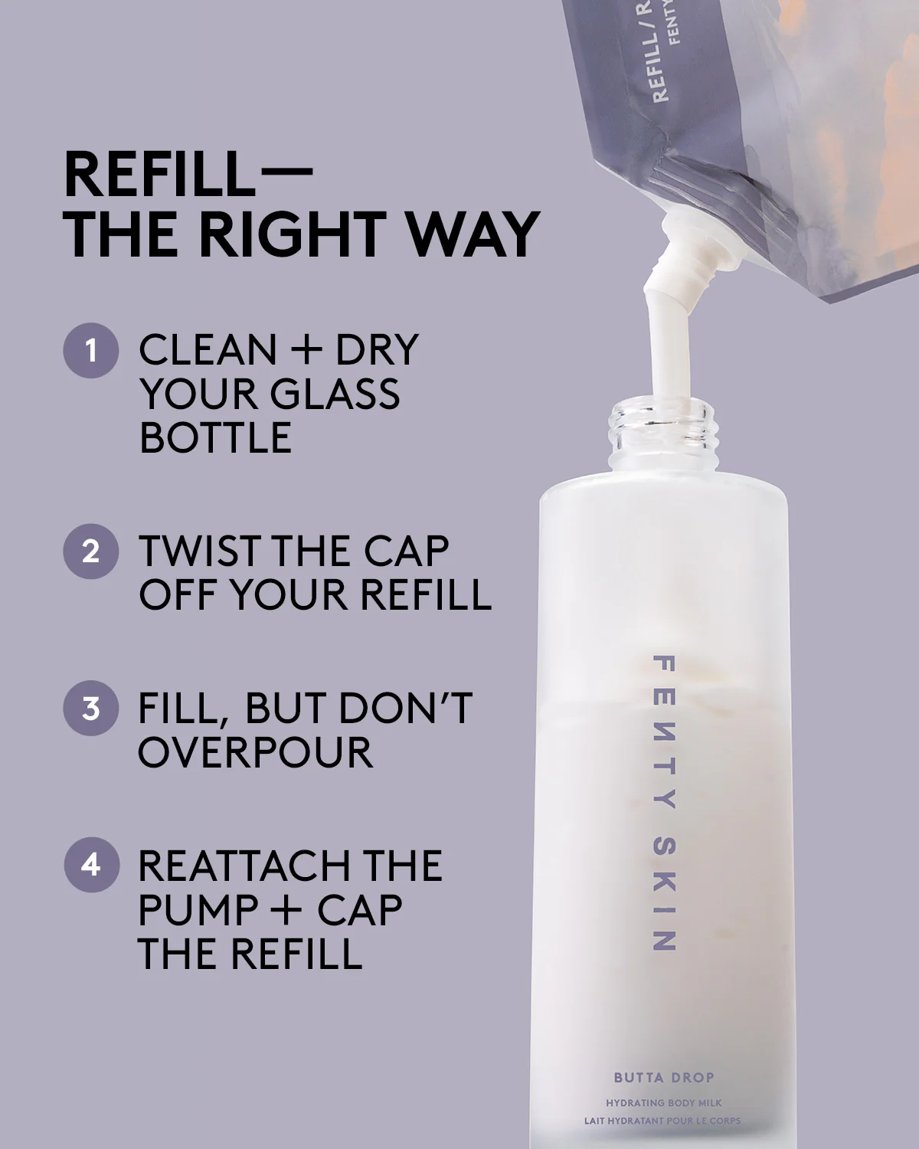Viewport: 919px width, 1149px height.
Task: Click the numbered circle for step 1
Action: [x=91, y=350]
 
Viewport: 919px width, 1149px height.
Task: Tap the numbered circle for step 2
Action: [x=91, y=552]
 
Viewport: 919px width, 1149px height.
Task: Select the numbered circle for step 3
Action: [x=91, y=709]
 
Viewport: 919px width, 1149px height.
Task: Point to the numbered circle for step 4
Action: [x=91, y=865]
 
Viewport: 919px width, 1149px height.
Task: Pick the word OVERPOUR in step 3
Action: [x=255, y=753]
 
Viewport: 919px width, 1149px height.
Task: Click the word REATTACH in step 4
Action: [x=237, y=866]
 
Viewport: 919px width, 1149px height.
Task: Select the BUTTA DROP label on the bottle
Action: [x=663, y=1078]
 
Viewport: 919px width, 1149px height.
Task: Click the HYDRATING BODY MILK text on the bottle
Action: [x=663, y=1103]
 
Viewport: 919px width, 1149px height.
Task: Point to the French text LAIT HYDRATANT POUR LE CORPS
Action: [x=662, y=1121]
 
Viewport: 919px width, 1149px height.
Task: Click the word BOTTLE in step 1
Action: [x=215, y=438]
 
